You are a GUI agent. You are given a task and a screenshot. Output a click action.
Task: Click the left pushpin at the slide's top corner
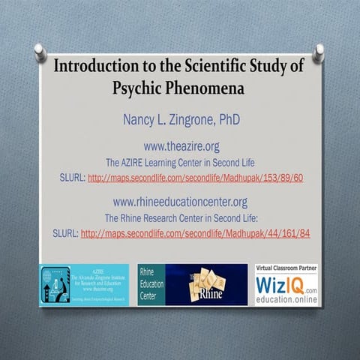(x=39, y=52)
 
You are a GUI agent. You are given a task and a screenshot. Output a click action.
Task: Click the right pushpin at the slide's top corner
(x=319, y=52)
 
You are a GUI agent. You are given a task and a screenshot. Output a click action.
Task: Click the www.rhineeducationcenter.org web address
(x=179, y=202)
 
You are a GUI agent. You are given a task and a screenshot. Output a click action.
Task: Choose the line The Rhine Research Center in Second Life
(x=179, y=217)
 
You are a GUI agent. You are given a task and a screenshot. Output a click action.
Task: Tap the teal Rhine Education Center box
(x=151, y=284)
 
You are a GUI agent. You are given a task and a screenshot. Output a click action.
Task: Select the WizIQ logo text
(x=280, y=286)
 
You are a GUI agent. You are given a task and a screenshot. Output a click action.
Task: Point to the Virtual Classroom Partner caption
(x=286, y=268)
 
